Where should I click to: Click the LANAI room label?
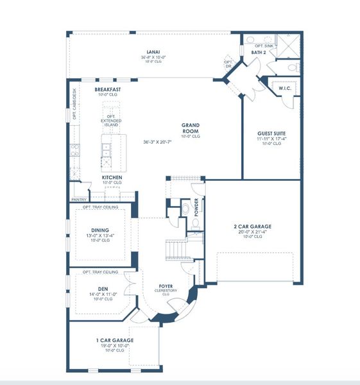pos(152,51)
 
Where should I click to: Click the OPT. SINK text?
pos(264,46)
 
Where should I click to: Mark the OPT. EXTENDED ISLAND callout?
pos(111,121)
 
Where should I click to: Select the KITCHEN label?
pos(112,176)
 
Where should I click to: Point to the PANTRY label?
pos(80,200)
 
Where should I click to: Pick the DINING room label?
pos(99,230)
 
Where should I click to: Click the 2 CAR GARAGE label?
pos(252,227)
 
